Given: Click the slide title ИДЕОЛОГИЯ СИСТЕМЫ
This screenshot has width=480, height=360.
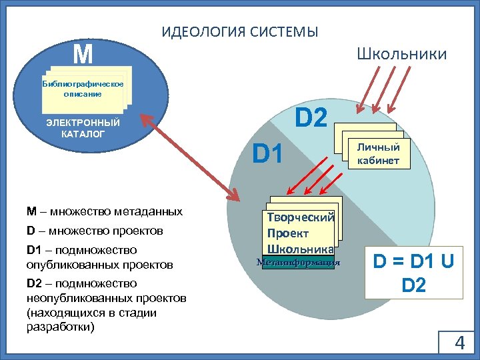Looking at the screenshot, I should pos(240,31).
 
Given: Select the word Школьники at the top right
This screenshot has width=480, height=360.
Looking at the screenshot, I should pos(401,54).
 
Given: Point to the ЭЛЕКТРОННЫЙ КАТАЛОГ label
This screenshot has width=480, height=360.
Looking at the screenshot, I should pos(83,128).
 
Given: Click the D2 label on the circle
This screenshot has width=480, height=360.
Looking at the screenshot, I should pos(311,119).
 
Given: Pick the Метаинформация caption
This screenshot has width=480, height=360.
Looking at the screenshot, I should pos(298,263).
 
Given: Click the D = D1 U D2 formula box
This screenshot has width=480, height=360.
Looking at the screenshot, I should pos(413,273).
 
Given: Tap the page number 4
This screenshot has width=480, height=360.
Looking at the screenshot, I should pos(459,343).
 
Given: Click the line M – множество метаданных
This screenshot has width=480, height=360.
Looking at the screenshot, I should pos(105,211).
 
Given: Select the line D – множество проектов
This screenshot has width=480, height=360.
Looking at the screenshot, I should pos(95,231).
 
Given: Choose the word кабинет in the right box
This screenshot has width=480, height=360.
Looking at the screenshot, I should pos(378,160).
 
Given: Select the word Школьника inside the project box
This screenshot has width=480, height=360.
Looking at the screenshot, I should pos(300,249).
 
